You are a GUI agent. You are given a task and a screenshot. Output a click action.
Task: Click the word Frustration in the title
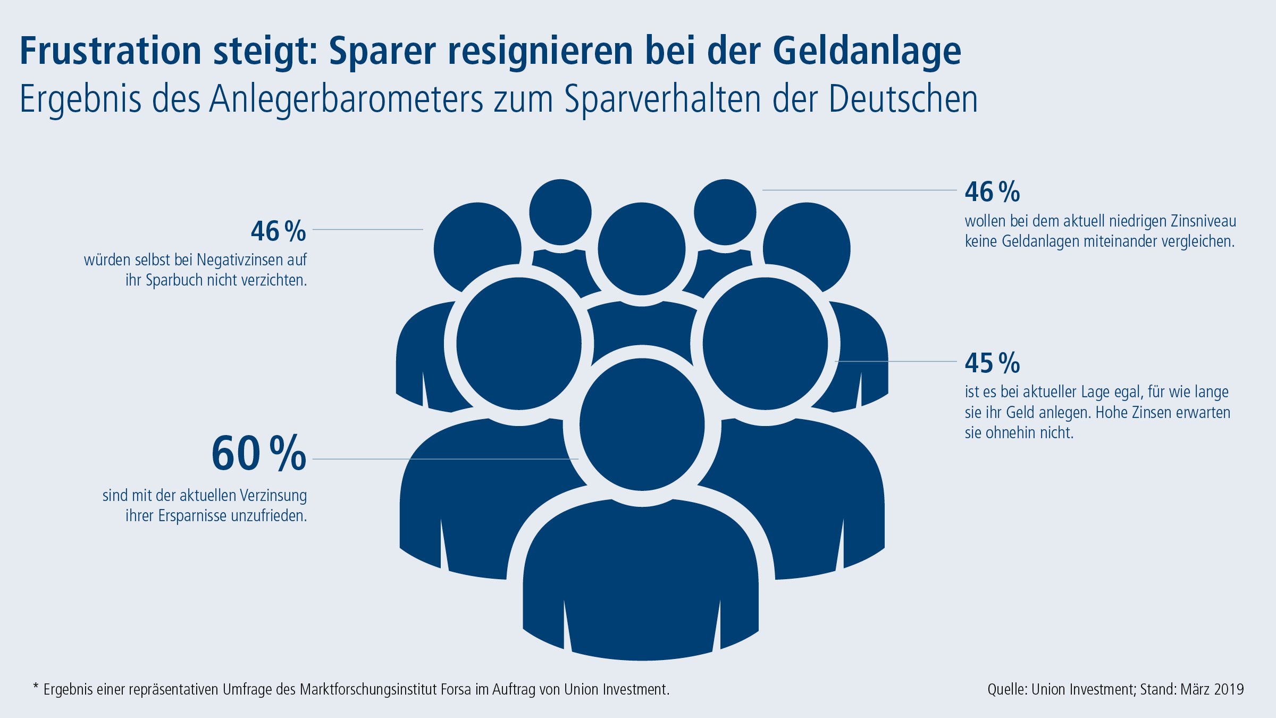pos(110,51)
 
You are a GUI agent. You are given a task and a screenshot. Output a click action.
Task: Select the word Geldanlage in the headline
pos(867,51)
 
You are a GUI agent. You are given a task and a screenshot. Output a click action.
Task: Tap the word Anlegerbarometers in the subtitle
pos(346,99)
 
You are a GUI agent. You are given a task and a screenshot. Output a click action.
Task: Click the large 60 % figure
pos(258,454)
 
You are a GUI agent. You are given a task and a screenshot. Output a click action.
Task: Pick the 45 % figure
pos(992,363)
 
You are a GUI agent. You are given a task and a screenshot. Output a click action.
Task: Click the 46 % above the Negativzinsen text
pos(278,231)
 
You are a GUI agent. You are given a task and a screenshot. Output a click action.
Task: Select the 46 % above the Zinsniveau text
pos(992,192)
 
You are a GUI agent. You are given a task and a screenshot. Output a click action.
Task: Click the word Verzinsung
pos(273,496)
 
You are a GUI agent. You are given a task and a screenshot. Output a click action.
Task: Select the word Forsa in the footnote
pos(456,690)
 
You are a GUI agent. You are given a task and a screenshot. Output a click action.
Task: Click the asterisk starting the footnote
pos(36,687)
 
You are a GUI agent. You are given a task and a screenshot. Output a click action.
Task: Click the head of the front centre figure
pos(642,424)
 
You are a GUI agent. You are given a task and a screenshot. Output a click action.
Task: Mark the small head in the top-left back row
pos(560,212)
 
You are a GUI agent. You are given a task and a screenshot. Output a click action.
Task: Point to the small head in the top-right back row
pos(725,212)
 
